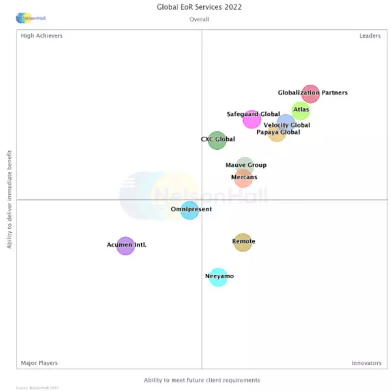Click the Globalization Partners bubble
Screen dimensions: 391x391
[x=311, y=94]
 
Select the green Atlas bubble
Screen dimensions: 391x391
[x=300, y=111]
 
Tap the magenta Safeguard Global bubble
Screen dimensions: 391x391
[x=252, y=119]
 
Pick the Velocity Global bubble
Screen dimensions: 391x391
[x=285, y=123]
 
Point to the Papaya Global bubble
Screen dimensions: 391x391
[x=277, y=134]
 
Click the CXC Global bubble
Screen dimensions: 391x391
[x=217, y=139]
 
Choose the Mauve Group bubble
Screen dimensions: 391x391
[x=244, y=166]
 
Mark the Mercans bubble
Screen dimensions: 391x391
[x=243, y=178]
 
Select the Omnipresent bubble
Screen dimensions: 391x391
[x=190, y=210]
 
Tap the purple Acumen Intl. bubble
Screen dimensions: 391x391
[x=125, y=246]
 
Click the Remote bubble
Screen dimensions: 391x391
[x=242, y=242]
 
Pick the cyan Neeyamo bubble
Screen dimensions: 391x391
[x=218, y=277]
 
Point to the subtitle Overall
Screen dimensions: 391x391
[x=199, y=20]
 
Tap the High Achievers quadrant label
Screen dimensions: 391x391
[x=42, y=36]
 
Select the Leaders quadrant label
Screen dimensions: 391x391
[x=369, y=36]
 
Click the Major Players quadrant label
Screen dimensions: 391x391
[x=39, y=363]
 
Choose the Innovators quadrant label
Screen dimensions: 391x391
[x=366, y=363]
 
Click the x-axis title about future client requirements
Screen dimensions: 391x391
[x=201, y=380]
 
